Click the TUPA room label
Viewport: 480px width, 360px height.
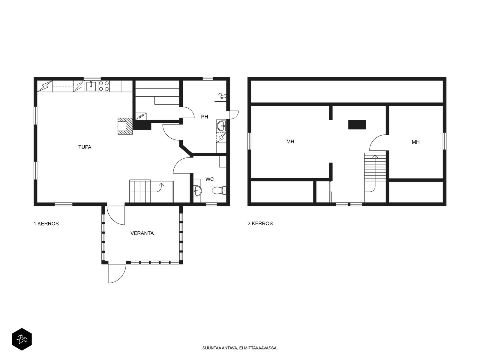(x=85, y=147)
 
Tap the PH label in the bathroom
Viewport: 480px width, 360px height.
(x=205, y=117)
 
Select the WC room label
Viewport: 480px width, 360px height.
(x=209, y=179)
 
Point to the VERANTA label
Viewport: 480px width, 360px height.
(x=142, y=233)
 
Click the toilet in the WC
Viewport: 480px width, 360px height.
(x=219, y=190)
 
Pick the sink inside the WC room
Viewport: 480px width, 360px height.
(x=197, y=190)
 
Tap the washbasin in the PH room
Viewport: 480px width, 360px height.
(x=221, y=126)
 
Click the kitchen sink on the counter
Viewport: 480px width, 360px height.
(x=91, y=86)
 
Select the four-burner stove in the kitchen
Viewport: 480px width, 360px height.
(x=104, y=86)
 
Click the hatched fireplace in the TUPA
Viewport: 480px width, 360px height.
(x=125, y=126)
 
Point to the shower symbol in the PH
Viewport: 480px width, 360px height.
(x=222, y=96)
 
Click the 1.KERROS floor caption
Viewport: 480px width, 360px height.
(x=46, y=224)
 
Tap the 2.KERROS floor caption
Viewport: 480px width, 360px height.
(x=260, y=223)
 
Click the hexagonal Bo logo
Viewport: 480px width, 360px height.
(x=22, y=339)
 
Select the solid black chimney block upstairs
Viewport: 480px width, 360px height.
(x=357, y=124)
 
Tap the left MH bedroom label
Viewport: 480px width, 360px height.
(x=290, y=142)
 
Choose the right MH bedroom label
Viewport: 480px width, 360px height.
(x=415, y=142)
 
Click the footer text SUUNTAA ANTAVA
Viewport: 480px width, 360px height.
(x=220, y=348)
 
